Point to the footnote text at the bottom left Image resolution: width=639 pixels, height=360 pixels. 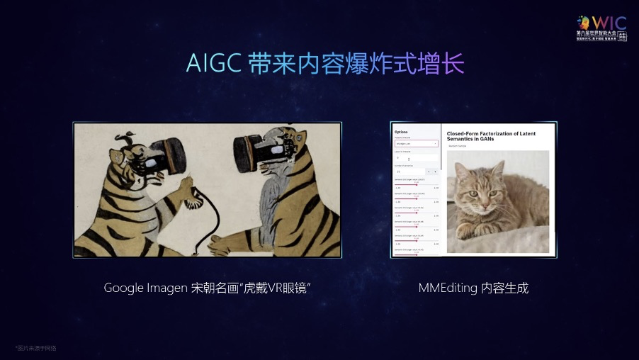pyautogui.click(x=35, y=348)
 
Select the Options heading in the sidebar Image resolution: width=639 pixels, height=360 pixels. pyautogui.click(x=401, y=132)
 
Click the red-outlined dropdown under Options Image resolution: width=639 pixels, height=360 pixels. pyautogui.click(x=416, y=143)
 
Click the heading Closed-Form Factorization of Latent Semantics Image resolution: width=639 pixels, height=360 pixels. pyautogui.click(x=490, y=136)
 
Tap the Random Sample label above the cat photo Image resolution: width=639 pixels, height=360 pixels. pyautogui.click(x=458, y=146)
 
